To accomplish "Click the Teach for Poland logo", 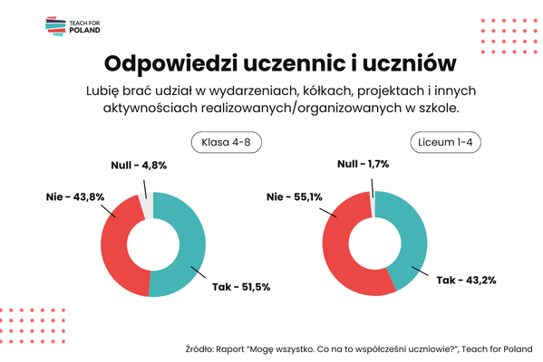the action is [73, 26].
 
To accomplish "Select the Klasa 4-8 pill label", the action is [227, 142].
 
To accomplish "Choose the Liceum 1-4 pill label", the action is [445, 142].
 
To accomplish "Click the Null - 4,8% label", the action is [139, 166].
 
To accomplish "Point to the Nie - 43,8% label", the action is [75, 196].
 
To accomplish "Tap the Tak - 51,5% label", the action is [241, 287].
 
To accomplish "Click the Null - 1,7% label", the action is [363, 164].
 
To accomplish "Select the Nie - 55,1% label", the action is [295, 196].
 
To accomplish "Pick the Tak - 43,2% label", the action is [466, 280].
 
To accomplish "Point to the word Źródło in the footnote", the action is [199, 348].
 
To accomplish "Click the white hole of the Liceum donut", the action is [374, 243].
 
